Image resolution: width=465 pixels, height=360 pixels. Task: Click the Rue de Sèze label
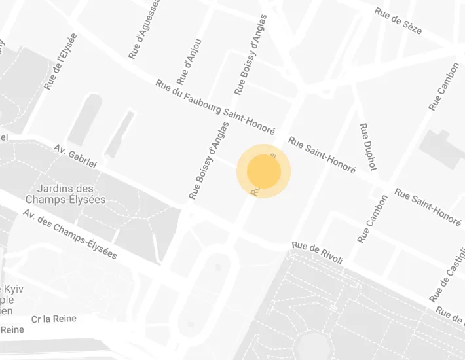point(398,21)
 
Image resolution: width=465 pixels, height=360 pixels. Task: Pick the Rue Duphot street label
point(368,147)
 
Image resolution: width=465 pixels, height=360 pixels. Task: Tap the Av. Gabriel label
point(75,156)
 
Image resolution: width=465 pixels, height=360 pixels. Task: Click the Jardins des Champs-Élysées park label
point(65,194)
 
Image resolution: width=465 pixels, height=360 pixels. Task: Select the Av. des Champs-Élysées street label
point(69,234)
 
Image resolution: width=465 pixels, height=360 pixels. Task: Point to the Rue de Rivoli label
point(318,253)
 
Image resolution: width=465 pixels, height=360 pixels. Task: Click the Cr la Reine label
point(54,319)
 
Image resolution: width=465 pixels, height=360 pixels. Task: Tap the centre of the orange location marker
point(264,171)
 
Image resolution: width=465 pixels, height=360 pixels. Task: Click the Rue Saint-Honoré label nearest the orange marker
point(322,154)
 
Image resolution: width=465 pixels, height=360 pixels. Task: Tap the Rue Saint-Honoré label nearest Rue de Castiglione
point(428,207)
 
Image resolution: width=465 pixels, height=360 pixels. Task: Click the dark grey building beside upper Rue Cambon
point(443,148)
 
